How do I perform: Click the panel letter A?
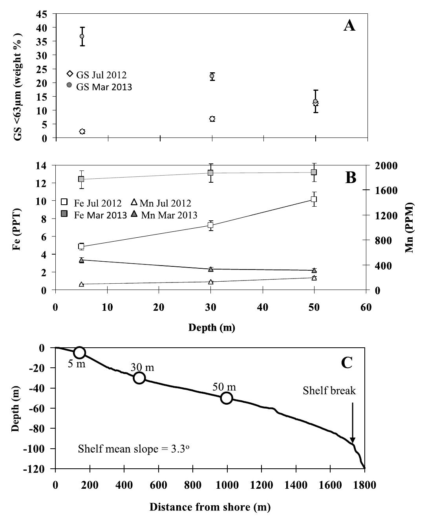pos(349,26)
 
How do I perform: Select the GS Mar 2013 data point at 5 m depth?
pos(82,36)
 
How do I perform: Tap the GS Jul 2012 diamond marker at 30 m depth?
pos(212,119)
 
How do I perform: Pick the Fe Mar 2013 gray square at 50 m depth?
pos(314,172)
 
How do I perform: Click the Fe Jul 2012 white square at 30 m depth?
pos(210,225)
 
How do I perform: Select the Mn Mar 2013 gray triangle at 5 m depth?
pos(81,260)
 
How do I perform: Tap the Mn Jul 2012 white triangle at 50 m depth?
pos(314,278)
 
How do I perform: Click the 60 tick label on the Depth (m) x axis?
pos(366,307)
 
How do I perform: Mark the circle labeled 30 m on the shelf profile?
pos(139,378)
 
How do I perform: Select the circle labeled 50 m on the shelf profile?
pos(227,398)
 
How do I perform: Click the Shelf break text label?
pos(329,391)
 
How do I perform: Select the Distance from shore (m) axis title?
pos(210,507)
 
